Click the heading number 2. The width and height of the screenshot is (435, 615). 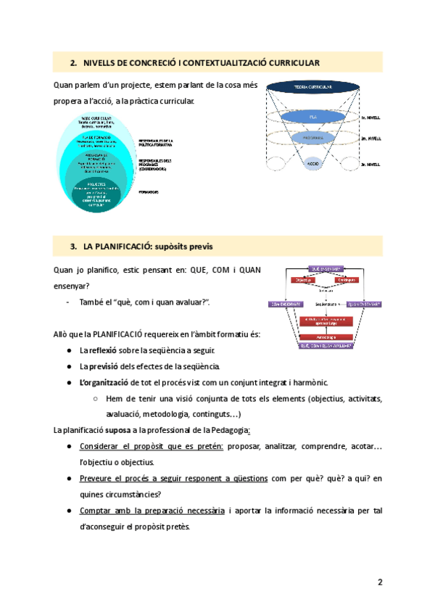[x=73, y=62]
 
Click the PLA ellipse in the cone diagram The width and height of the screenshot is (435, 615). [x=312, y=116]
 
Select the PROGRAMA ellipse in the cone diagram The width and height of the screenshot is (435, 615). [x=312, y=136]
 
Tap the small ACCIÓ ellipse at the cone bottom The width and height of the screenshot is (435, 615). [x=312, y=164]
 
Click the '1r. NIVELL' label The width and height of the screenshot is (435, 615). [x=370, y=116]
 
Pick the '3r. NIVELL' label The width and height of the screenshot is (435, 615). [x=370, y=165]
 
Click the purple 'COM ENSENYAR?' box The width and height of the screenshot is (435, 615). [x=285, y=305]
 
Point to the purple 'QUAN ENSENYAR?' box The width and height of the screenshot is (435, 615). [x=363, y=305]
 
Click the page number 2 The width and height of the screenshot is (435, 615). [x=379, y=582]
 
